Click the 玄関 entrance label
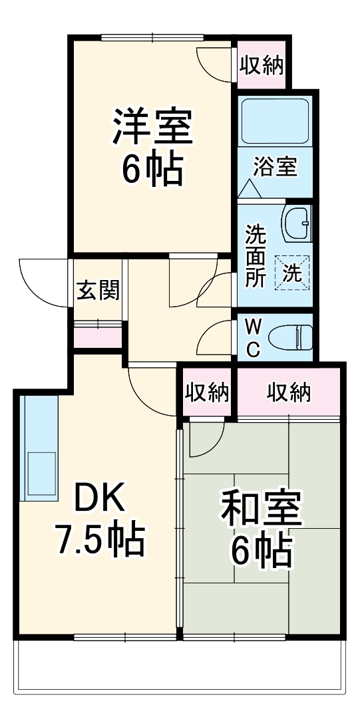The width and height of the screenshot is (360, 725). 98,291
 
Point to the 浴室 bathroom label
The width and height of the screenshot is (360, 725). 275,167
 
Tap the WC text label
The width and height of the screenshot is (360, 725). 254,339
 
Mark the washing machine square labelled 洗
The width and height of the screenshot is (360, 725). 293,272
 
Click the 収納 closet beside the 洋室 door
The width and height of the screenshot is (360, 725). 262,66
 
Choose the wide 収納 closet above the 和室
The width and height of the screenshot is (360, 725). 289,393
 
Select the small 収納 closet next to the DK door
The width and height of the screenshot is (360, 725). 207,393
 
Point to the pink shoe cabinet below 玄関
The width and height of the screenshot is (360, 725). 98,336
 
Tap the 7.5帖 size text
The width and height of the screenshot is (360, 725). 99,541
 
